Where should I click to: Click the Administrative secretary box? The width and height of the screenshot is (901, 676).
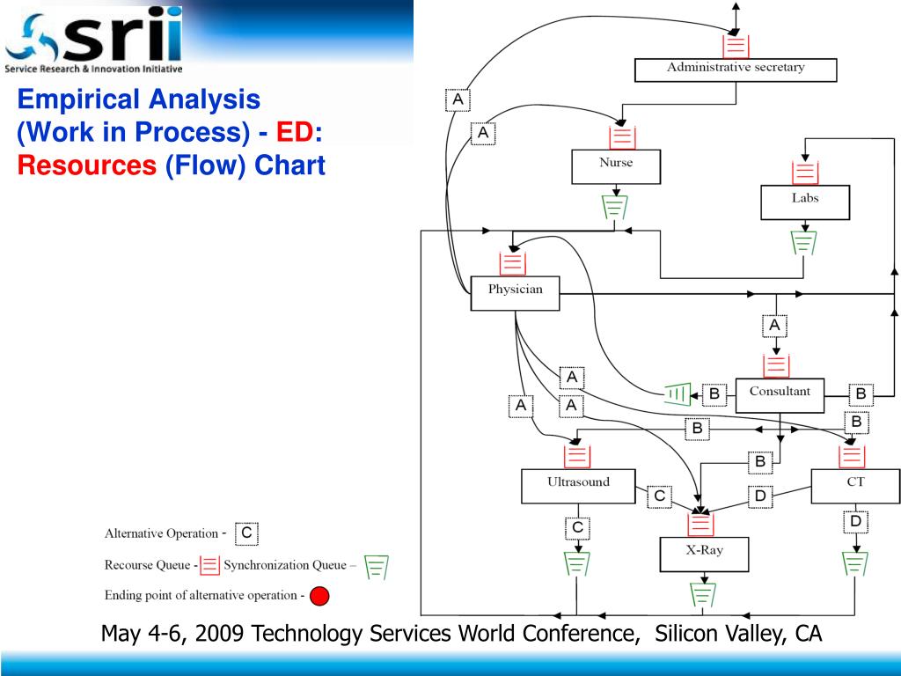tap(735, 69)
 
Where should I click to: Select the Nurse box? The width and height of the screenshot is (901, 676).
tap(616, 166)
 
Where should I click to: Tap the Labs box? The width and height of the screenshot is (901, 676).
tap(804, 202)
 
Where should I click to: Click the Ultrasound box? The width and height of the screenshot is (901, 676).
tap(577, 485)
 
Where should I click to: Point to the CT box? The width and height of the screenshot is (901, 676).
tap(855, 485)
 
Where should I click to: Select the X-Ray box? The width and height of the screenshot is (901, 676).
tap(704, 554)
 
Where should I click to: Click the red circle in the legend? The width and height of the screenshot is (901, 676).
tap(319, 597)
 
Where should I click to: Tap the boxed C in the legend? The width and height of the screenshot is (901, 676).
tap(246, 533)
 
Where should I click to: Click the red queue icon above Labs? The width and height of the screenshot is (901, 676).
tap(805, 173)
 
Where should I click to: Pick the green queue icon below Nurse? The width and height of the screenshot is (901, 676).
tap(615, 208)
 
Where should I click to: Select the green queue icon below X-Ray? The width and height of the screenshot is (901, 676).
tap(702, 595)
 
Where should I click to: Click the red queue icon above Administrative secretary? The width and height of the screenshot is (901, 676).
tap(736, 46)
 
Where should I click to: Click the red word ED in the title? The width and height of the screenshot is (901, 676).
tap(296, 132)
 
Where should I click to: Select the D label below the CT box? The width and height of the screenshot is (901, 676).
tap(855, 522)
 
